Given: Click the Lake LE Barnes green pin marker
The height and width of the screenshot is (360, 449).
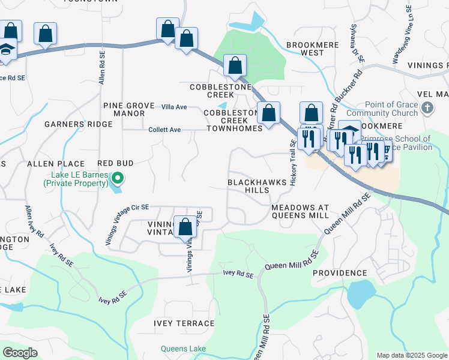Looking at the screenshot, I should (119, 178).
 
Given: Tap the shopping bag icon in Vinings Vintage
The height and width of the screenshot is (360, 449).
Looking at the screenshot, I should (185, 227).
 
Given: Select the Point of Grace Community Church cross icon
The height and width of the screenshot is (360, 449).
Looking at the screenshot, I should (427, 109).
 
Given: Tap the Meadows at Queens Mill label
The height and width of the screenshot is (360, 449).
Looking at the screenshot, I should (300, 211).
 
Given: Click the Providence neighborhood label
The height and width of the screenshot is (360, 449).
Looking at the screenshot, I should (339, 273).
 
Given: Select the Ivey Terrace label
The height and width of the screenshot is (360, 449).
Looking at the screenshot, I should (184, 323).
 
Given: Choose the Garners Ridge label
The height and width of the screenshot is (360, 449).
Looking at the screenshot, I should (78, 124).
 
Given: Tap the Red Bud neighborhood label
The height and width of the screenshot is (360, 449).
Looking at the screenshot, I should (115, 163).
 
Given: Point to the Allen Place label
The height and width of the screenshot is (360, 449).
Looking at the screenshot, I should (55, 164).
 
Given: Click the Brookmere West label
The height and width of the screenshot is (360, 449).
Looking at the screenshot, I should (304, 49).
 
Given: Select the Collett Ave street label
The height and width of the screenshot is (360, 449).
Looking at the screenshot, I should (164, 130).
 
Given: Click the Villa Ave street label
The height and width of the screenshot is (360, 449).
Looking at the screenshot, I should (174, 107).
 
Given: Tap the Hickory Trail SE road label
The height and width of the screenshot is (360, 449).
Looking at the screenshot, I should (294, 163).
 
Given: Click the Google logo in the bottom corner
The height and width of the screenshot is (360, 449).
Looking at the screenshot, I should (20, 353).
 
